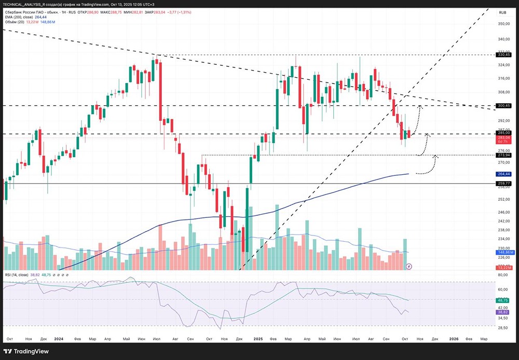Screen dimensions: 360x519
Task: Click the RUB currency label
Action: (502, 12)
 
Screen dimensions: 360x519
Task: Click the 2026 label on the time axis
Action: (453, 338)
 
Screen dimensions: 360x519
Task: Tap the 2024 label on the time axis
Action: (59, 338)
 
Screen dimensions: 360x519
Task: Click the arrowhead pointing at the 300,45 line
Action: (419, 106)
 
